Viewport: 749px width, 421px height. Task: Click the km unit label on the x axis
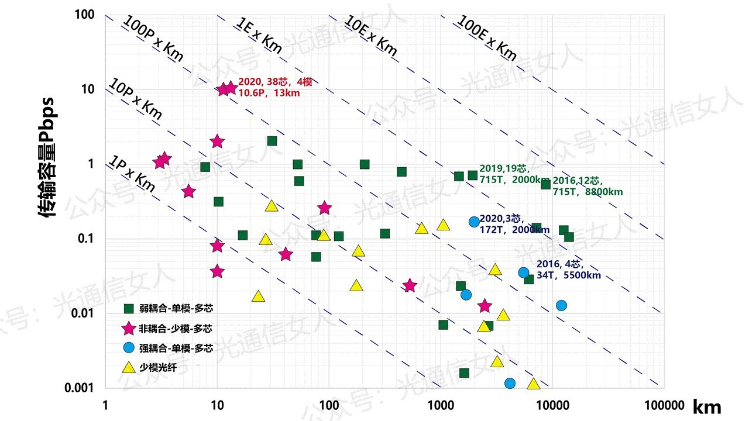pyautogui.click(x=707, y=406)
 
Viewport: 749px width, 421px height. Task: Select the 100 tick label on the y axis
pyautogui.click(x=85, y=14)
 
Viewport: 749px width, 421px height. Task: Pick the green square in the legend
pyautogui.click(x=128, y=308)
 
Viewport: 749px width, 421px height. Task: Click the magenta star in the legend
pyautogui.click(x=128, y=329)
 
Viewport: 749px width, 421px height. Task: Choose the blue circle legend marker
pyautogui.click(x=128, y=348)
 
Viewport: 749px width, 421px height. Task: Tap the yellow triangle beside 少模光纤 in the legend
pyautogui.click(x=128, y=367)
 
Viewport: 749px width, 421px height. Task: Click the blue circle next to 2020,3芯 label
pyautogui.click(x=474, y=222)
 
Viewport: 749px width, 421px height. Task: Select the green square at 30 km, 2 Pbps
pyautogui.click(x=272, y=141)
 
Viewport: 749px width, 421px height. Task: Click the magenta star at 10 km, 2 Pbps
pyautogui.click(x=217, y=142)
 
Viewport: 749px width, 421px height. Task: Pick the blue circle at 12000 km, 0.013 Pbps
pyautogui.click(x=561, y=305)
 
